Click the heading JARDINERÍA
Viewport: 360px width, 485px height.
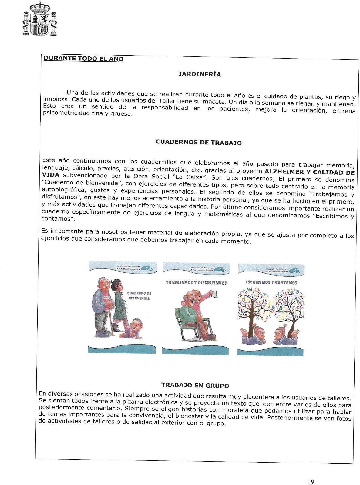pos(200,74)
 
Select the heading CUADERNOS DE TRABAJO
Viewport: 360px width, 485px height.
pos(198,142)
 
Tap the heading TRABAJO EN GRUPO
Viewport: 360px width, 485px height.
pos(195,386)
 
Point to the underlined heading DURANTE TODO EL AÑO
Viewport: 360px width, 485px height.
pos(84,58)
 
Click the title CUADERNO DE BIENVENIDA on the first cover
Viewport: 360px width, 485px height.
pos(139,296)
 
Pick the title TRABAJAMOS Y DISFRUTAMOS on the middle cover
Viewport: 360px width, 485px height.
pos(196,283)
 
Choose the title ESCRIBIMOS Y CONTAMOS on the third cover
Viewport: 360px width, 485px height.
pos(271,282)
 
